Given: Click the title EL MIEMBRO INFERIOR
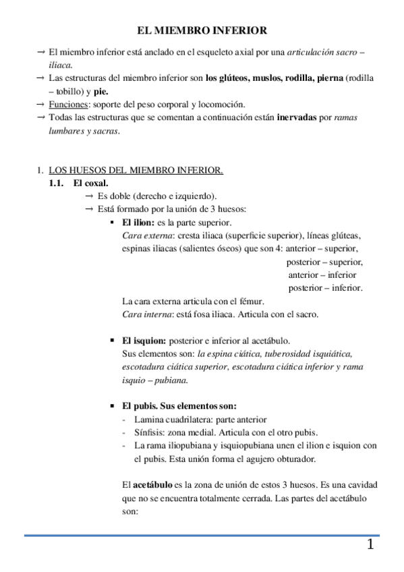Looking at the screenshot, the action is [x=202, y=30].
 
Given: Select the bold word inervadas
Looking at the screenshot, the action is [x=296, y=117].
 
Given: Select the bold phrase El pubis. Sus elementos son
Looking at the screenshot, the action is [x=179, y=406].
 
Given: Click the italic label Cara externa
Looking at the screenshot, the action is [x=146, y=235].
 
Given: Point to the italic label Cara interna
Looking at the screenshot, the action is [x=146, y=314].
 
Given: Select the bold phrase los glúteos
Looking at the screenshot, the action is [x=227, y=78].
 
